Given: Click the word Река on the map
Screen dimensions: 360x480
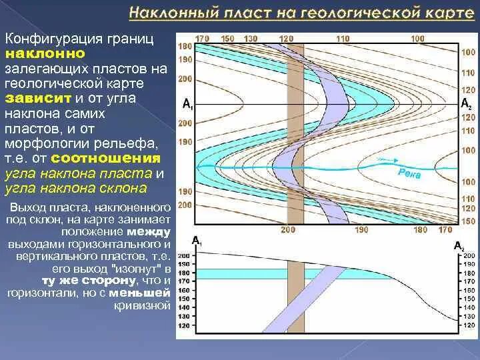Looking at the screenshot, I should tap(409, 172).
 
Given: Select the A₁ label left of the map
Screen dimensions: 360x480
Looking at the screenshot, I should tap(187, 105).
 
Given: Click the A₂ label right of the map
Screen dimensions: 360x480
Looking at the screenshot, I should tap(466, 104).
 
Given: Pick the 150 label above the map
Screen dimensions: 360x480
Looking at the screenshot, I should tap(228, 38).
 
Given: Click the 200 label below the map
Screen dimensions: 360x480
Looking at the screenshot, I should tap(287, 229).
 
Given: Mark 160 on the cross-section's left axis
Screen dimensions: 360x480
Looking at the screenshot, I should tap(184, 291).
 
